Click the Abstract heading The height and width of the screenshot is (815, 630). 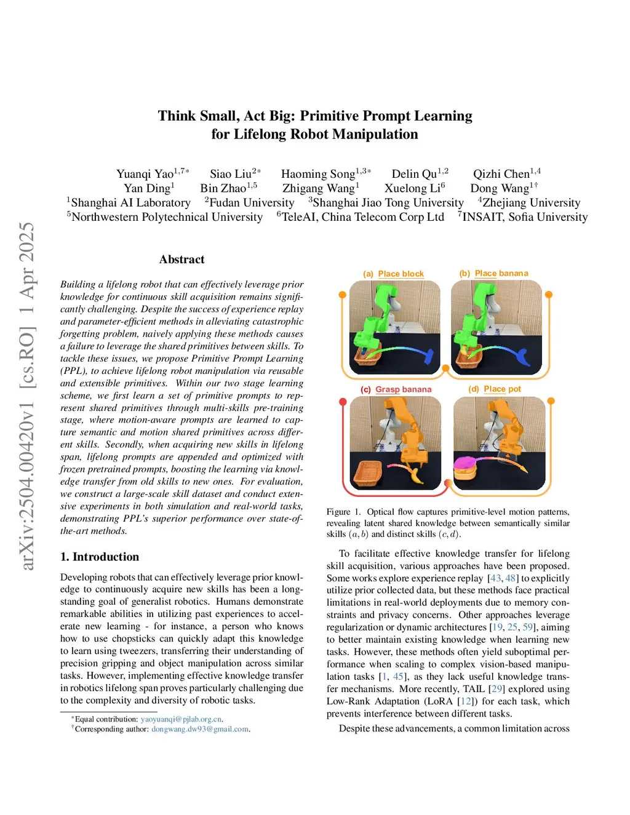pyautogui.click(x=181, y=259)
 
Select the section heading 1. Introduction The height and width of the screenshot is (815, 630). pyautogui.click(x=100, y=557)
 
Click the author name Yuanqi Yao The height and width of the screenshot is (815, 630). pyautogui.click(x=145, y=174)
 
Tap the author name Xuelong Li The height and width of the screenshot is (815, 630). pyautogui.click(x=412, y=188)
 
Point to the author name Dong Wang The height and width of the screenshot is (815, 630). pyautogui.click(x=500, y=188)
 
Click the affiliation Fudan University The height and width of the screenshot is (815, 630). pyautogui.click(x=252, y=202)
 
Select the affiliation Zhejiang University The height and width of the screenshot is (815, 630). pyautogui.click(x=532, y=202)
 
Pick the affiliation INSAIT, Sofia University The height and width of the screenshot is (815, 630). pyautogui.click(x=525, y=217)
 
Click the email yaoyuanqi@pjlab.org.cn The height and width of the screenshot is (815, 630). pyautogui.click(x=181, y=719)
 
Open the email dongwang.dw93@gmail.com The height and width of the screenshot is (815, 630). pyautogui.click(x=200, y=729)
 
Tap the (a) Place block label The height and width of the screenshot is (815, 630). pyautogui.click(x=393, y=274)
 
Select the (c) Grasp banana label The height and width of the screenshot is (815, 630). pyautogui.click(x=396, y=389)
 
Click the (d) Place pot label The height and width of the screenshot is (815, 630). pyautogui.click(x=495, y=389)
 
